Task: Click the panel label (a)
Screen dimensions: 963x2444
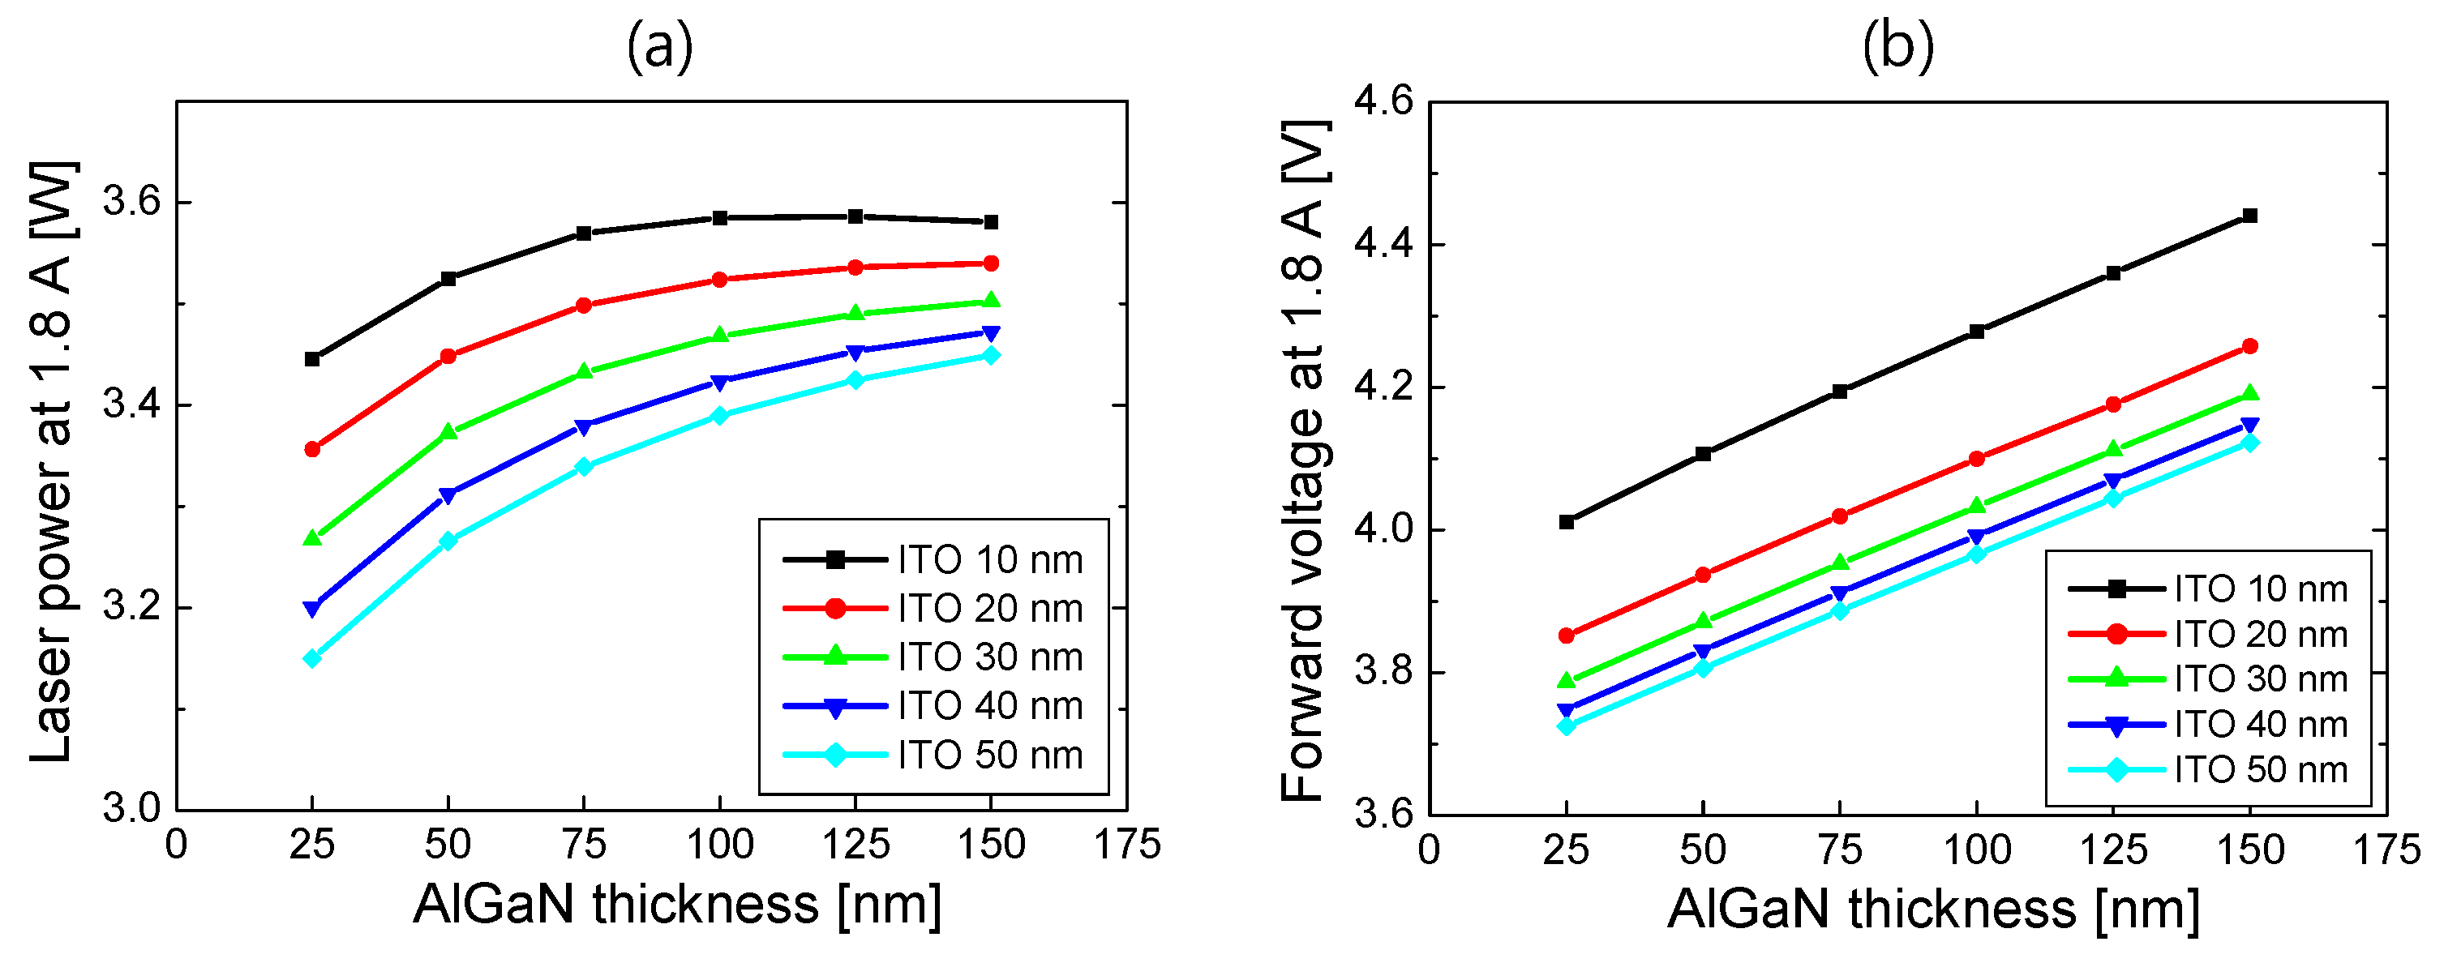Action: [x=659, y=45]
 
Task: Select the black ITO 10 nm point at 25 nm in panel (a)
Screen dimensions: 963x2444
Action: [x=312, y=358]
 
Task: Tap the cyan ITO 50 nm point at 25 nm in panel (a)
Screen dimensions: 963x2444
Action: [x=312, y=657]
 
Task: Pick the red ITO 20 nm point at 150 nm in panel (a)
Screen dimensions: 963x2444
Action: [x=991, y=263]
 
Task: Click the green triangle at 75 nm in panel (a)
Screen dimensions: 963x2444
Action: [x=584, y=371]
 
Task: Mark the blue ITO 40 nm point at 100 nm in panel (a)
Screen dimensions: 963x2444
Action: [x=719, y=383]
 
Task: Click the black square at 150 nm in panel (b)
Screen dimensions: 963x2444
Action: [x=2249, y=216]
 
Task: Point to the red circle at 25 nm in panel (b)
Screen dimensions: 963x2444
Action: [x=1567, y=635]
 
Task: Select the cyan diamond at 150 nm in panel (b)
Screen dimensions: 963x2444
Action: [x=2249, y=442]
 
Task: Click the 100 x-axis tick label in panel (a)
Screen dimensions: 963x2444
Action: [x=719, y=845]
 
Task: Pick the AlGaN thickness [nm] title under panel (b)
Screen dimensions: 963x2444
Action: [x=1934, y=909]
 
